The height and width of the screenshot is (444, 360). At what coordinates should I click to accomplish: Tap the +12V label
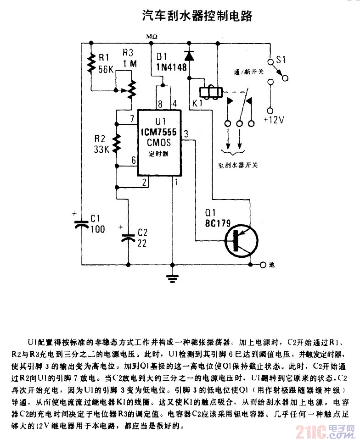[275, 120]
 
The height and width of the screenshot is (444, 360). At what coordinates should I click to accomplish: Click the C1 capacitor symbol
[81, 224]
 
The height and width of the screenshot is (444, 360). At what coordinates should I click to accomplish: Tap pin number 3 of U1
[186, 134]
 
